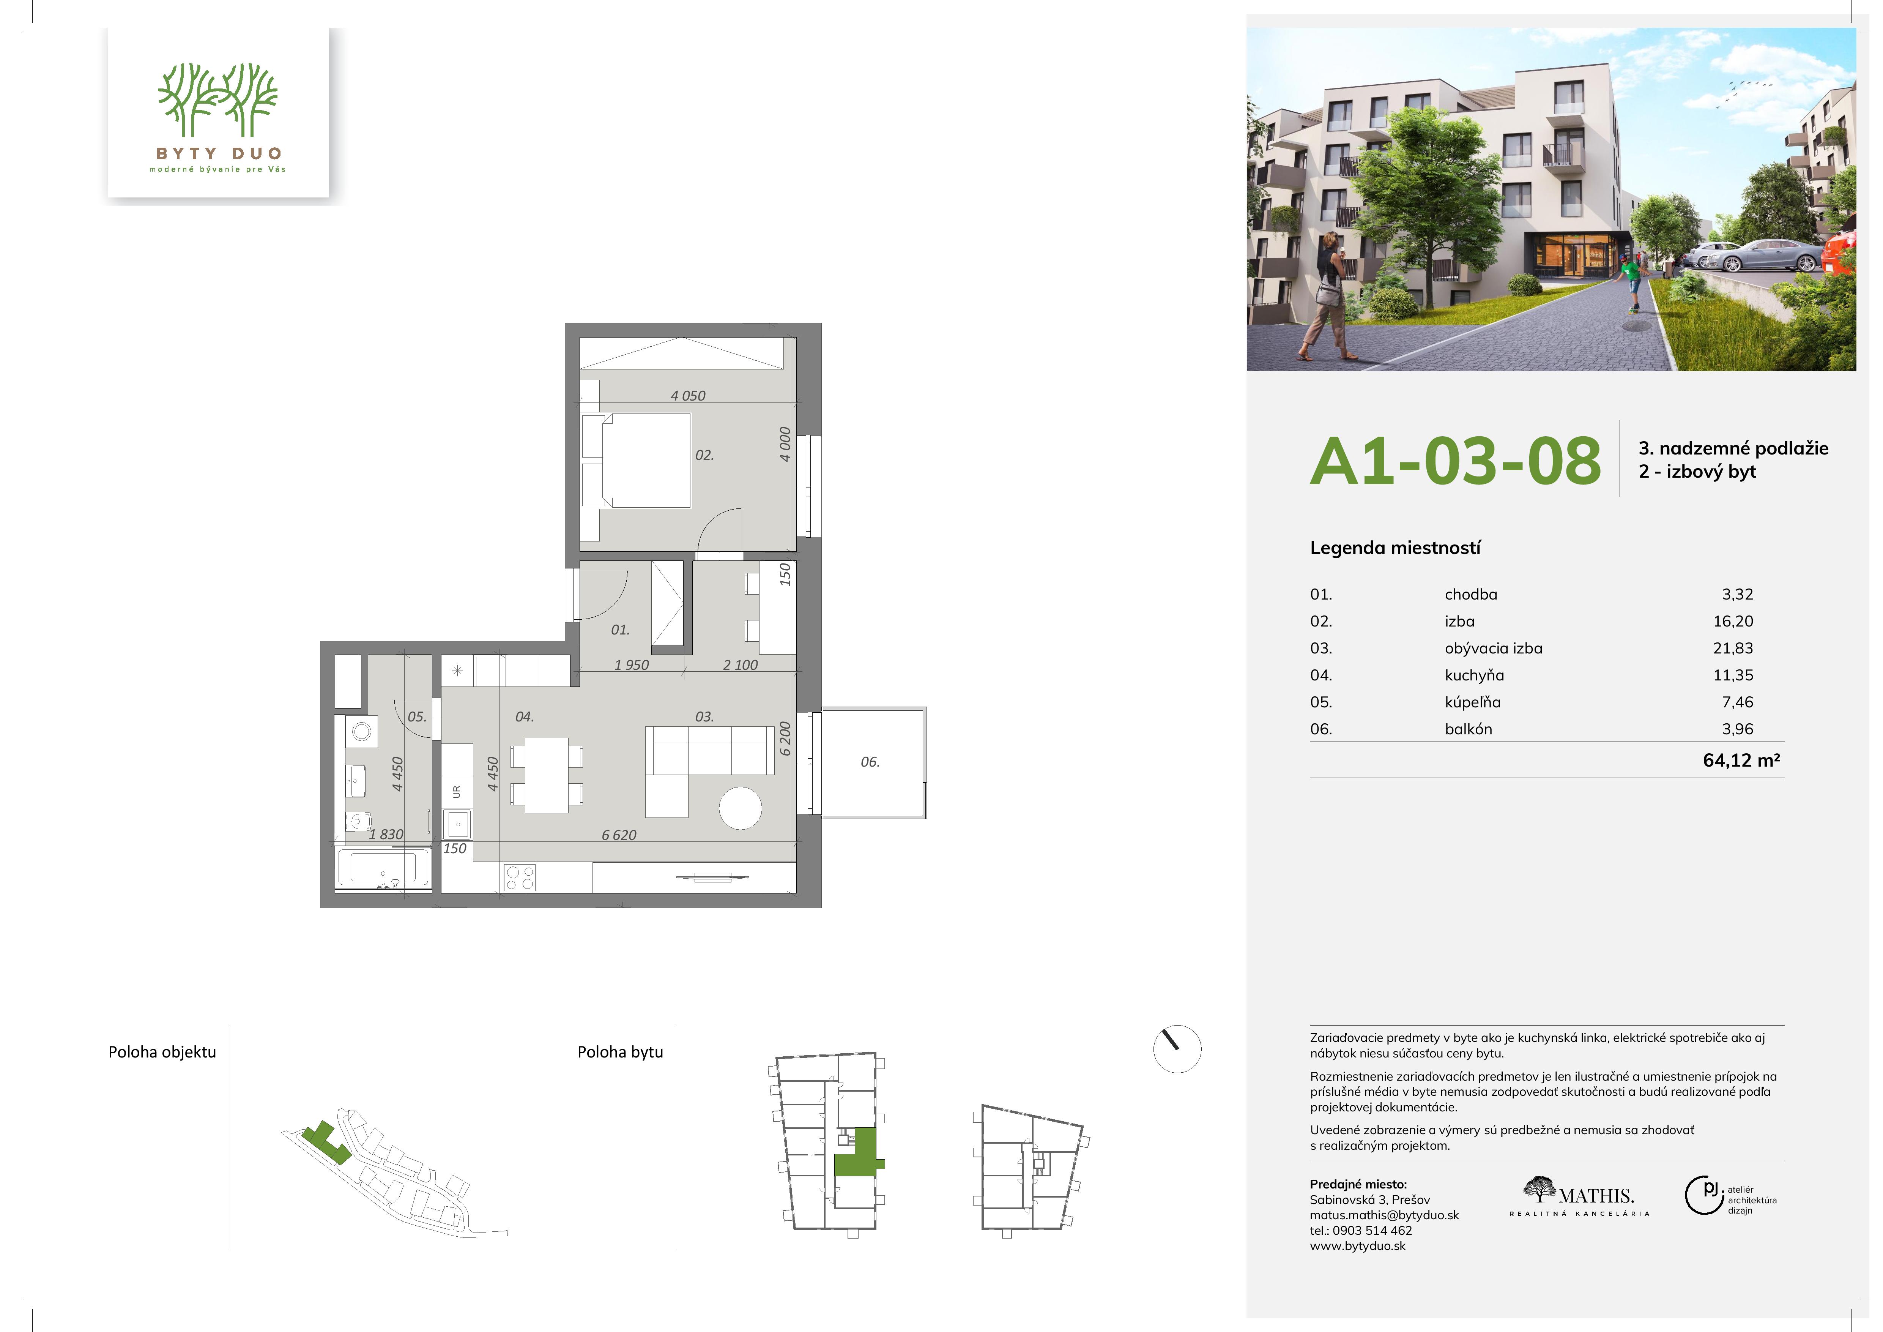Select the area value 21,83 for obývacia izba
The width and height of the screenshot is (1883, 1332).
click(1733, 648)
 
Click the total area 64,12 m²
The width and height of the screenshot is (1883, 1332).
click(1741, 760)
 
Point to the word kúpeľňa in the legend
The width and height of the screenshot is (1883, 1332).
click(1473, 702)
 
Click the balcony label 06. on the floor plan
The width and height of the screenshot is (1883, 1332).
click(870, 762)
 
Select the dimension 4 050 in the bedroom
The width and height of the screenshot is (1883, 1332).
click(687, 395)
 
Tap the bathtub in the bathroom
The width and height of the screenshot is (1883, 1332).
click(383, 869)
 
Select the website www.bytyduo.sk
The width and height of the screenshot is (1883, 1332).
click(1357, 1246)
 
